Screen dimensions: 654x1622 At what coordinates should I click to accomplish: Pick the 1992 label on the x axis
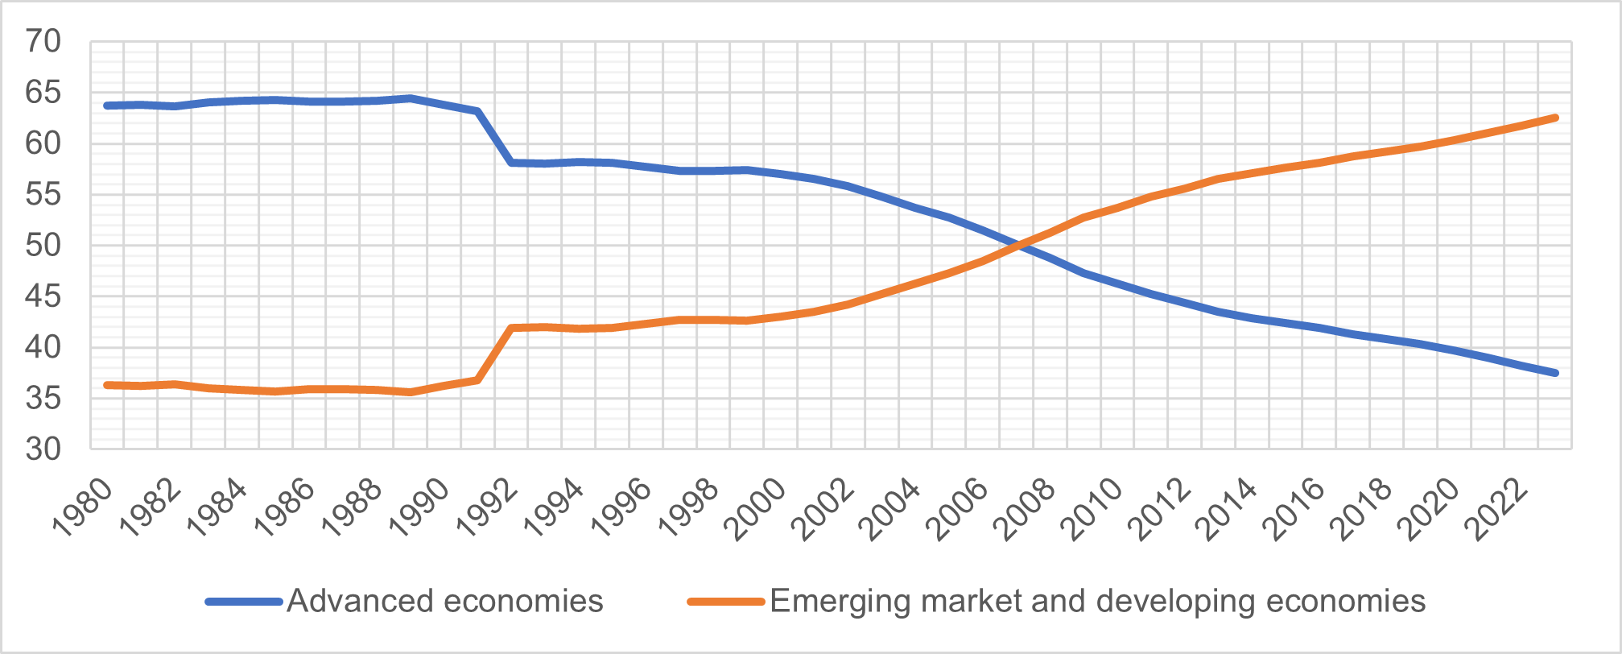click(486, 507)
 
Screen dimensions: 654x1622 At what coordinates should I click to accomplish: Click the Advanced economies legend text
click(444, 602)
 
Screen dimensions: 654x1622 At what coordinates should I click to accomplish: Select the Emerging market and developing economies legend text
click(1097, 602)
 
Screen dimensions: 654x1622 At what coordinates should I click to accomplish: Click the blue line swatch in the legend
click(244, 602)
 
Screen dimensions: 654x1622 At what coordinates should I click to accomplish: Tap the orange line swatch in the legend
click(725, 602)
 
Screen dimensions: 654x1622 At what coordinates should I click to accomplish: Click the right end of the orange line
click(1555, 118)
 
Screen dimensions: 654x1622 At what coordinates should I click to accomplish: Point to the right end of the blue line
click(1555, 373)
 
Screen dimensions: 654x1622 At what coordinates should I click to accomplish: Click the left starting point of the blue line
click(107, 106)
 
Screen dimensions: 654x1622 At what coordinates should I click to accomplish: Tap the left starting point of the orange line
click(107, 385)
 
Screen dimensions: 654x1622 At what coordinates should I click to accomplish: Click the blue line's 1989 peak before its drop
click(411, 98)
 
